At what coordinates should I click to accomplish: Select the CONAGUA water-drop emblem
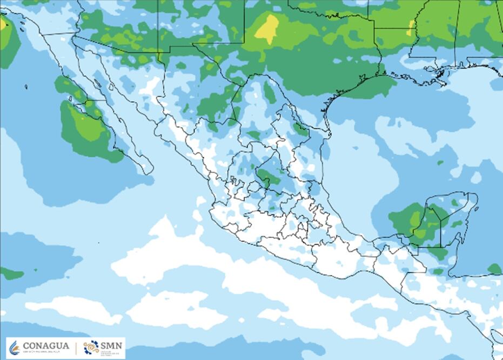15,348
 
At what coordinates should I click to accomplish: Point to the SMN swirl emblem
91,348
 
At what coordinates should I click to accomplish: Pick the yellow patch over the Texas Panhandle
267,29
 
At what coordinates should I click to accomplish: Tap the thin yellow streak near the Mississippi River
412,27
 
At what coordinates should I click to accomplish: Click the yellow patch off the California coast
3,24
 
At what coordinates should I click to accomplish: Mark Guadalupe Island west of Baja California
26,86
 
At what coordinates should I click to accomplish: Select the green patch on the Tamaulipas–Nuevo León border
300,130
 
